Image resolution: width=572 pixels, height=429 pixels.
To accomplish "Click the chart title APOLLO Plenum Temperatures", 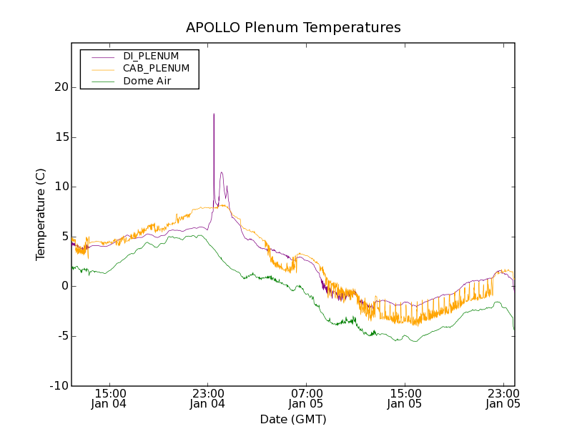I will (x=293, y=28).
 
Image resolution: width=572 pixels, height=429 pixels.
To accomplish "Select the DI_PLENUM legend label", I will (x=151, y=56).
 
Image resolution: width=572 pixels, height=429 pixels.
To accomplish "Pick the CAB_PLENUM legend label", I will (x=156, y=69).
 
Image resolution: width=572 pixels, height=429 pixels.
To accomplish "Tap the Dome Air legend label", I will (x=147, y=82).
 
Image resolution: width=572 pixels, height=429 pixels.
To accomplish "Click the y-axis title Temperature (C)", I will (x=41, y=214).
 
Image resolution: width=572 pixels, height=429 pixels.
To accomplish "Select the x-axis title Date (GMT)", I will (x=293, y=419).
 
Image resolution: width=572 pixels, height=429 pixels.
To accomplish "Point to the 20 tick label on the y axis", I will (x=60, y=87).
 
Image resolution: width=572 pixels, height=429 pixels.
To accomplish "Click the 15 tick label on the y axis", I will (x=60, y=137).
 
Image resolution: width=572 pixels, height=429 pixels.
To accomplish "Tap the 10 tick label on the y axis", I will (x=60, y=187).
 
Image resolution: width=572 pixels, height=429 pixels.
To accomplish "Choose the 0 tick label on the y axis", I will (x=64, y=286).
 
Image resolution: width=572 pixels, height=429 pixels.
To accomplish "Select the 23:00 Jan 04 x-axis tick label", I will (x=208, y=398).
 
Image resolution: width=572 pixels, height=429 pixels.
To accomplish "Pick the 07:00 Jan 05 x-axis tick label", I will (x=307, y=398).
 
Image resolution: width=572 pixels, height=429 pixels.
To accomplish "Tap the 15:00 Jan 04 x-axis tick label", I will (x=109, y=398).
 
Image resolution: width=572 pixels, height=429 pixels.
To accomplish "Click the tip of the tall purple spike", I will (x=213, y=114).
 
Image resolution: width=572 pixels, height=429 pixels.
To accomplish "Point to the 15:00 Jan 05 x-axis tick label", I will (x=405, y=398).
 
